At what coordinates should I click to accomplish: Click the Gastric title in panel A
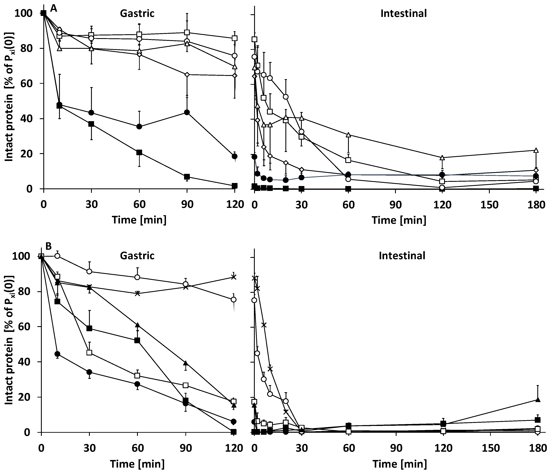point(137,13)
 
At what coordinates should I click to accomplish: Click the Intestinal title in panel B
point(402,256)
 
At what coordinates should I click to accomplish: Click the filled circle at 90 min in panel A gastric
point(187,112)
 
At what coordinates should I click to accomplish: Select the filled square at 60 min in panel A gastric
point(139,152)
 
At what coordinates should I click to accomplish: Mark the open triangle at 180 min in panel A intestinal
point(536,150)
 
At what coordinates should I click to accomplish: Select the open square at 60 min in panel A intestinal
point(349,160)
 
